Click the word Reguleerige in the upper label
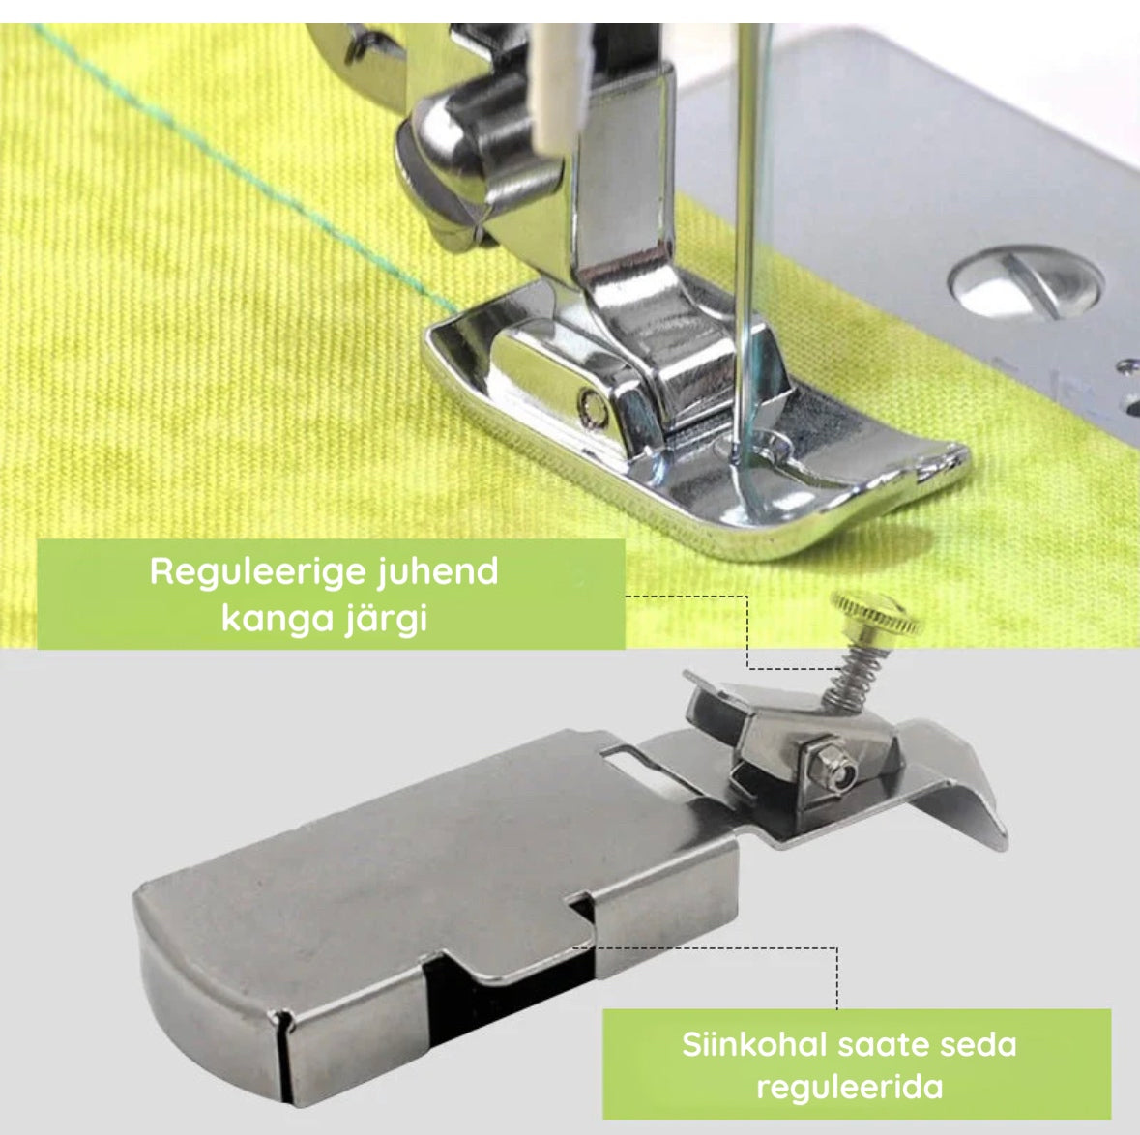click(259, 573)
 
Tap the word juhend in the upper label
click(438, 573)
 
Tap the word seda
click(979, 1045)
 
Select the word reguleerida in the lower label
click(850, 1088)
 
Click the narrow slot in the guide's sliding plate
click(631, 759)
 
